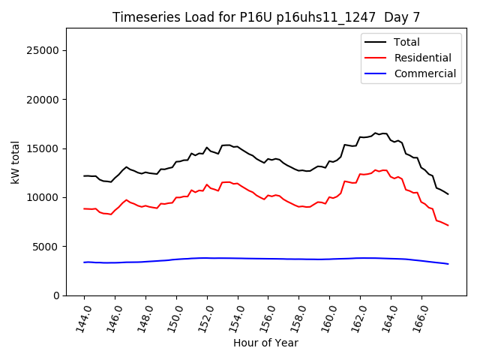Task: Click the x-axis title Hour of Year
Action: [265, 343]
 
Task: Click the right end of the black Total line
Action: [448, 194]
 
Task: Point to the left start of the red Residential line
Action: [84, 208]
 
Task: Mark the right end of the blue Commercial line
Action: [448, 264]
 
